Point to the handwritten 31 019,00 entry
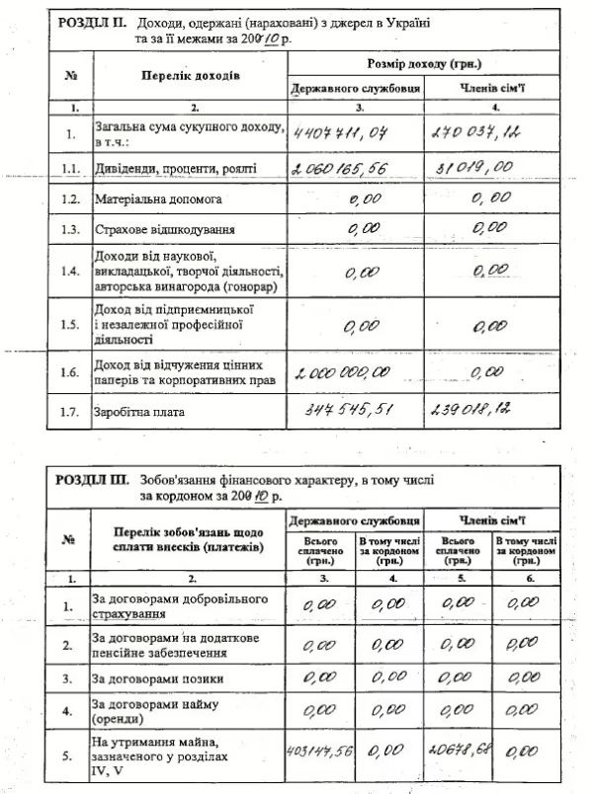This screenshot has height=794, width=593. point(476,167)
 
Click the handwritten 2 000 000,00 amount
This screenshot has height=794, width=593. point(341,372)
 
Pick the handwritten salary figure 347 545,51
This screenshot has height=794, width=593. point(349,407)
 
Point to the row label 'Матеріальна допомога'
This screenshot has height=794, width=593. point(159,200)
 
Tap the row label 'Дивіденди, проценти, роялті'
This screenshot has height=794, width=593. point(178,169)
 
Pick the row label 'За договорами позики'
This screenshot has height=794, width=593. point(157,678)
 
